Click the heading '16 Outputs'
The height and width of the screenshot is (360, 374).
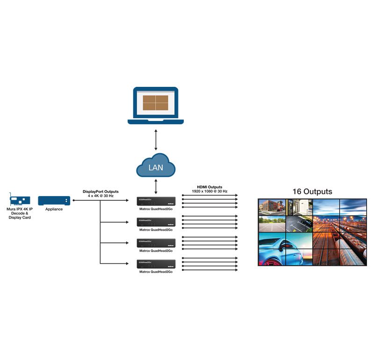312,191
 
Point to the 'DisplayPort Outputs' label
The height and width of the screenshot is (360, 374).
101,191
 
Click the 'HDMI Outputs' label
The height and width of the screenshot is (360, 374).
209,187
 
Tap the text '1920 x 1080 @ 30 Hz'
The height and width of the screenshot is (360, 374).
209,191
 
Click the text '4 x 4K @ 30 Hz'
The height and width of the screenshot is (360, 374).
101,196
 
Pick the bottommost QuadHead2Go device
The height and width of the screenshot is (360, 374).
156,264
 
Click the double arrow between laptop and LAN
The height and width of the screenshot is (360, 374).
156,140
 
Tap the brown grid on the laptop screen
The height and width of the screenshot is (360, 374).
156,103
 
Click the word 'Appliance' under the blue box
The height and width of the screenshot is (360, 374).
54,209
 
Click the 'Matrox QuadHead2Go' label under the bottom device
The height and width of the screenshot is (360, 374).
156,272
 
